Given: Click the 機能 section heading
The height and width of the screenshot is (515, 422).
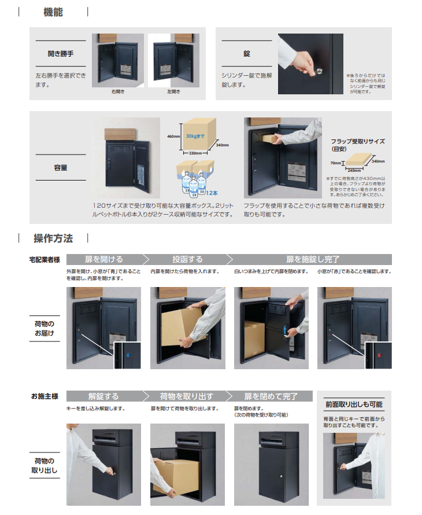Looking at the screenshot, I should (53, 12).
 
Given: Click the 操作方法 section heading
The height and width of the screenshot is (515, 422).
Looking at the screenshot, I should (53, 238).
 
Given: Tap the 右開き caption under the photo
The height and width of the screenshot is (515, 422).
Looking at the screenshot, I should (118, 91).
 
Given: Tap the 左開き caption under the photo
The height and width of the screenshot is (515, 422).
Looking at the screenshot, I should (173, 91).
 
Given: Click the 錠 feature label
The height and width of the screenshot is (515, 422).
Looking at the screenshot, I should (247, 54).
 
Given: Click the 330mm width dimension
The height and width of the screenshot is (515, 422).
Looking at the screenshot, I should (195, 153).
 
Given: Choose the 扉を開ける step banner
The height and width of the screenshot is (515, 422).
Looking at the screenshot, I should (104, 259).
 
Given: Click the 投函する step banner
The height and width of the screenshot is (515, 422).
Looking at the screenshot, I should (187, 259).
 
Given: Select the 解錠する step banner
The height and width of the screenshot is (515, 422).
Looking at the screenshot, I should (104, 396).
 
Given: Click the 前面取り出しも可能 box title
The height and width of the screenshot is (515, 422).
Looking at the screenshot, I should (353, 404).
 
